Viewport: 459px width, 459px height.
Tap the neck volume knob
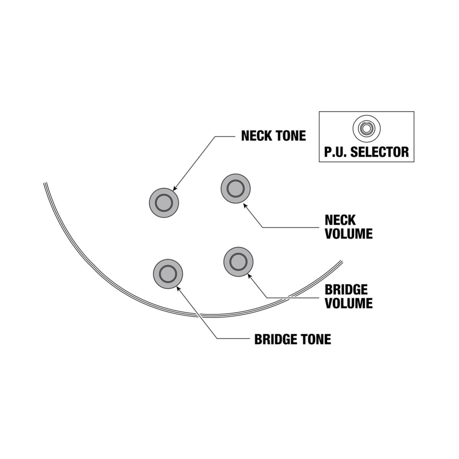[235, 188]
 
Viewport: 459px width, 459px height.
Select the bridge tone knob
[168, 274]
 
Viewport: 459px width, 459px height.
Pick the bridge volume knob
[238, 261]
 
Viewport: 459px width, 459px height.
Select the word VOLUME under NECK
[348, 234]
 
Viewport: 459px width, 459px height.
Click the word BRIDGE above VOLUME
[346, 289]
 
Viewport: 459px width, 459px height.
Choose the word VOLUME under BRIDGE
[348, 303]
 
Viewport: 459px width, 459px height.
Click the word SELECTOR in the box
[379, 152]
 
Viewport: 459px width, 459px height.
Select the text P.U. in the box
[336, 152]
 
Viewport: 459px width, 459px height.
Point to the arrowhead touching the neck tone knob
[175, 189]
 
